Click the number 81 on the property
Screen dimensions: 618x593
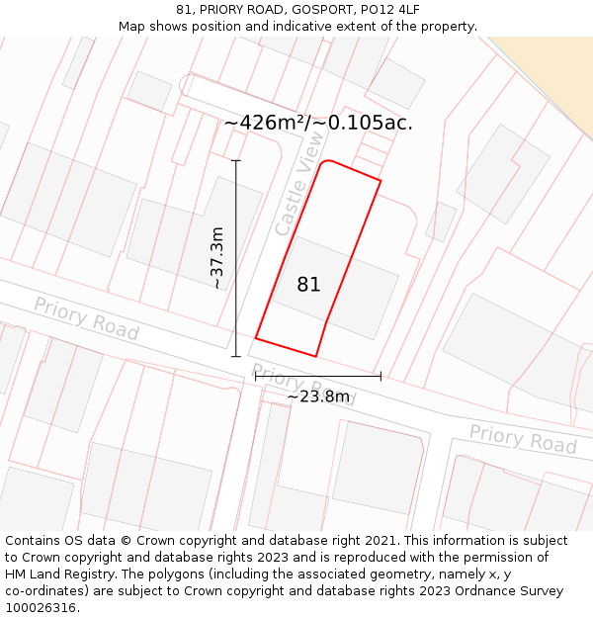tap(308, 285)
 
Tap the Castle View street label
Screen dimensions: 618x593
tap(298, 184)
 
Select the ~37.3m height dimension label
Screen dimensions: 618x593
tap(218, 257)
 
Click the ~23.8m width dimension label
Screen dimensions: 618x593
tap(318, 397)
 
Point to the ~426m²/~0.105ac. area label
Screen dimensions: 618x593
tap(318, 123)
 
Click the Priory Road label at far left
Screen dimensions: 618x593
tap(86, 317)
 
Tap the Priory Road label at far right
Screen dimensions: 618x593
tap(522, 439)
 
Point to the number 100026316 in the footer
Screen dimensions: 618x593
tap(41, 608)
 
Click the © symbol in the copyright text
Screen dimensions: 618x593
tap(126, 541)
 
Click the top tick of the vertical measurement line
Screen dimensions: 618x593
tap(235, 160)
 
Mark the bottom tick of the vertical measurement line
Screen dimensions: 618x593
tap(235, 356)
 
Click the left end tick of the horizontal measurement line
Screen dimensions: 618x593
tap(255, 376)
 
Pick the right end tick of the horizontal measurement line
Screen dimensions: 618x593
tap(381, 376)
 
